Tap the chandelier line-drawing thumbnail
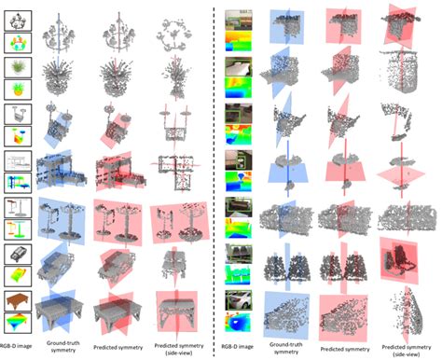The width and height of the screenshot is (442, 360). (x=17, y=18)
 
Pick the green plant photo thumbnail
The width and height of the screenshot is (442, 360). (x=17, y=67)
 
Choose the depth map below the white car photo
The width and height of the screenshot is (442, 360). (x=238, y=322)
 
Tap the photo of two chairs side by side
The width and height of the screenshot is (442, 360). (x=238, y=254)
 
